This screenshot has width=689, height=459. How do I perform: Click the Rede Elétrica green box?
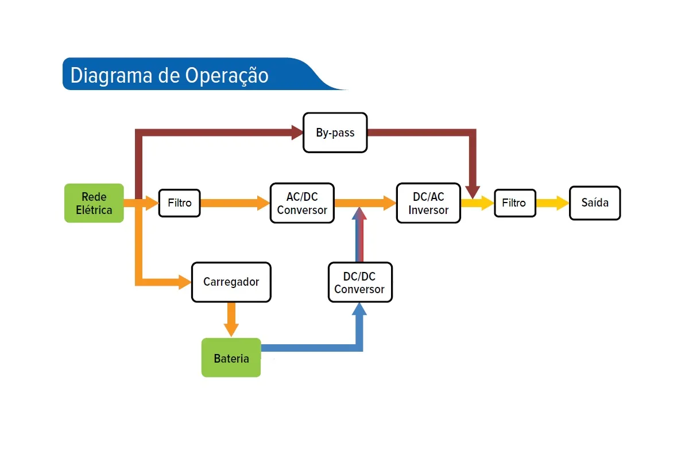pyautogui.click(x=94, y=203)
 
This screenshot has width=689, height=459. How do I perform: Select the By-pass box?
pyautogui.click(x=335, y=133)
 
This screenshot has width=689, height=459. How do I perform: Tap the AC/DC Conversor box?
pyautogui.click(x=302, y=203)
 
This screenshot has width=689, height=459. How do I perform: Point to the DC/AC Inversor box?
pyautogui.click(x=428, y=203)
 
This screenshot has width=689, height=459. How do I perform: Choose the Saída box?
pyautogui.click(x=595, y=203)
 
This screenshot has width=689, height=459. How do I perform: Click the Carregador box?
pyautogui.click(x=231, y=282)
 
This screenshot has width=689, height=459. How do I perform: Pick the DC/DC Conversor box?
pyautogui.click(x=360, y=282)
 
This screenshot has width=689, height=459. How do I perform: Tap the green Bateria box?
pyautogui.click(x=231, y=358)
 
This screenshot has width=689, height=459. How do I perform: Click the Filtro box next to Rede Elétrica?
pyautogui.click(x=180, y=203)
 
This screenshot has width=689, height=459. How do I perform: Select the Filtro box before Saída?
pyautogui.click(x=515, y=203)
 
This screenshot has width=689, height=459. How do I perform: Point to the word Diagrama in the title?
pyautogui.click(x=108, y=76)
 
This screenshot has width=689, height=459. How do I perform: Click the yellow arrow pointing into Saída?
pyautogui.click(x=552, y=203)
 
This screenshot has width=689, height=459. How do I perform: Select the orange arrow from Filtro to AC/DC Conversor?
pyautogui.click(x=235, y=203)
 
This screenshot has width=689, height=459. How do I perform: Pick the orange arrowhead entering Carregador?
pyautogui.click(x=185, y=282)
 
